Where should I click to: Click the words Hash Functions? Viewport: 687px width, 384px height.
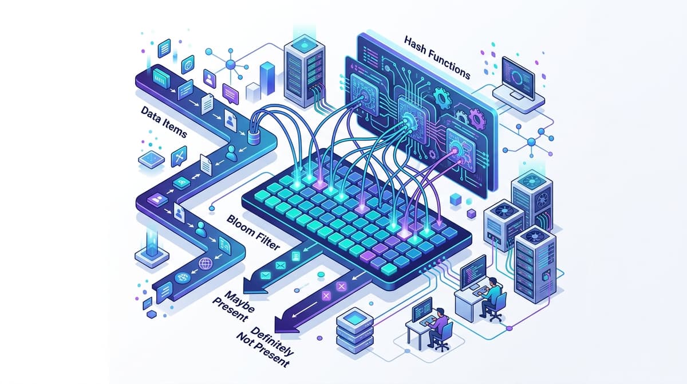pyautogui.click(x=437, y=58)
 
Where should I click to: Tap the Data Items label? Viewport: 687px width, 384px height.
pyautogui.click(x=164, y=122)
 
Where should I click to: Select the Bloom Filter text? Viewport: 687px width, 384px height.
pyautogui.click(x=253, y=233)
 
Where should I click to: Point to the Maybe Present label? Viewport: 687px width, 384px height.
pyautogui.click(x=234, y=307)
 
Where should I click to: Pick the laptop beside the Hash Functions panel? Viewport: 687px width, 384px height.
pyautogui.click(x=518, y=84)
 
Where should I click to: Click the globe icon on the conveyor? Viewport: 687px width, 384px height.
pyautogui.click(x=205, y=264)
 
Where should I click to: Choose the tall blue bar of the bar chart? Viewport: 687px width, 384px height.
pyautogui.click(x=267, y=79)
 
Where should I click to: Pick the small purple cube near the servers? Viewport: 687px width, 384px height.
pyautogui.click(x=471, y=213)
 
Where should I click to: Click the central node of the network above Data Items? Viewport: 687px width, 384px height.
pyautogui.click(x=230, y=64)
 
